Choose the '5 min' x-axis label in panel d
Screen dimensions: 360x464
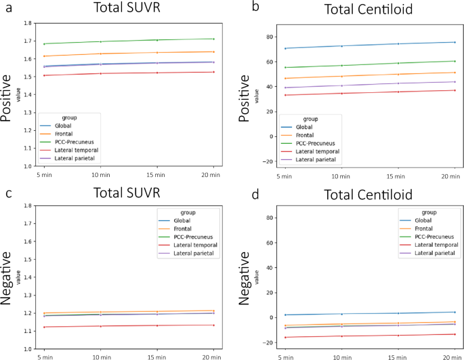(285, 356)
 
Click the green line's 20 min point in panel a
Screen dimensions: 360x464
(213, 39)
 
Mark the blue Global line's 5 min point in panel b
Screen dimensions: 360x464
(285, 48)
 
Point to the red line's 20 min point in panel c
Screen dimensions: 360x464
(213, 325)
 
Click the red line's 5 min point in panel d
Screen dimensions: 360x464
(285, 337)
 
